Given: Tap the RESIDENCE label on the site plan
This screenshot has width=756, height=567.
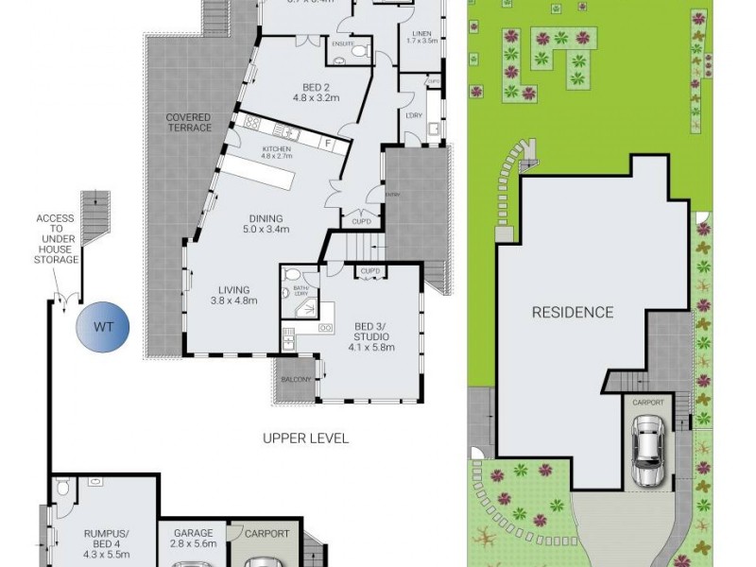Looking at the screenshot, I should point(572,312).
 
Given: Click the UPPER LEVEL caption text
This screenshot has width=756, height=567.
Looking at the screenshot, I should point(306,438).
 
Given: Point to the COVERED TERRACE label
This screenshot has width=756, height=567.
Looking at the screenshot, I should point(188,123).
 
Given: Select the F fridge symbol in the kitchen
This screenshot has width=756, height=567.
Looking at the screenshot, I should point(327,144).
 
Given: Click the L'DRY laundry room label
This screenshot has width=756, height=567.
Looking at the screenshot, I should point(413,114).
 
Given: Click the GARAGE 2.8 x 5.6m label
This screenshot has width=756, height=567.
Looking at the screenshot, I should point(193,540).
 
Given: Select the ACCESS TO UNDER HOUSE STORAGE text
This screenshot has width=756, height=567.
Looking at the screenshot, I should point(55,241).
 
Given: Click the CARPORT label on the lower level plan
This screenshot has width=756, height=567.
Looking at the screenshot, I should point(266,534).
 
